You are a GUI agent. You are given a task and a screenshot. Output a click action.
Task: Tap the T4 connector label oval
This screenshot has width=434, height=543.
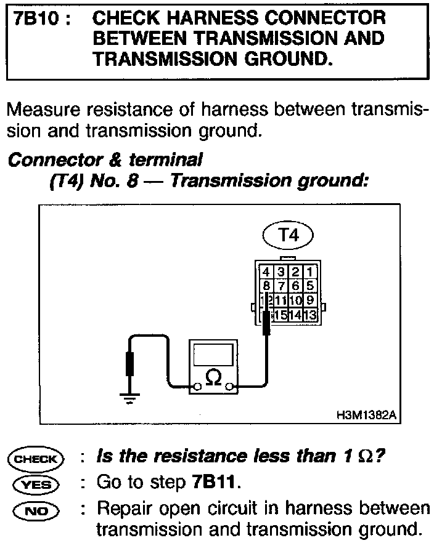(287, 235)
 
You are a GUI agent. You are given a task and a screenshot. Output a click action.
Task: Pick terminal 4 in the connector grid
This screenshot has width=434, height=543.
(265, 271)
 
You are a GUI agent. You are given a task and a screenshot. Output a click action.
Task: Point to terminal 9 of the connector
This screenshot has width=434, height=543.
(310, 300)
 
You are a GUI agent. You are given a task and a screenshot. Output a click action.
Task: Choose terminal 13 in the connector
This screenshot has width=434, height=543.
(310, 315)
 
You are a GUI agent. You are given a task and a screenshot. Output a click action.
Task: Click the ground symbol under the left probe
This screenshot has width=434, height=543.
(129, 398)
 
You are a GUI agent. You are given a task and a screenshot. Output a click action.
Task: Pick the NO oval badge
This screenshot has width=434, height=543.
(35, 510)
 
